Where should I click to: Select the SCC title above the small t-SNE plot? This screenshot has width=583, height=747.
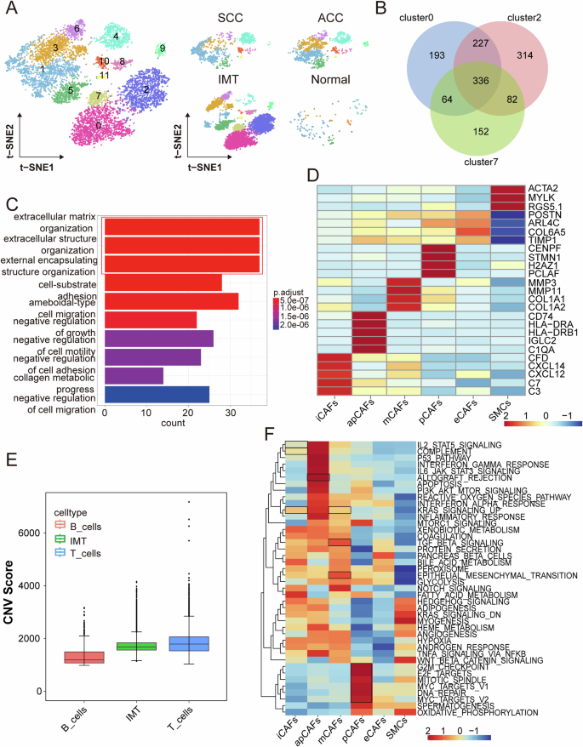point(231,18)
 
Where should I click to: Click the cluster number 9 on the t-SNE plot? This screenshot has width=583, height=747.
point(162,48)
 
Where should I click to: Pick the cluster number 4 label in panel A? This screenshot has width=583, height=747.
point(116,37)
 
